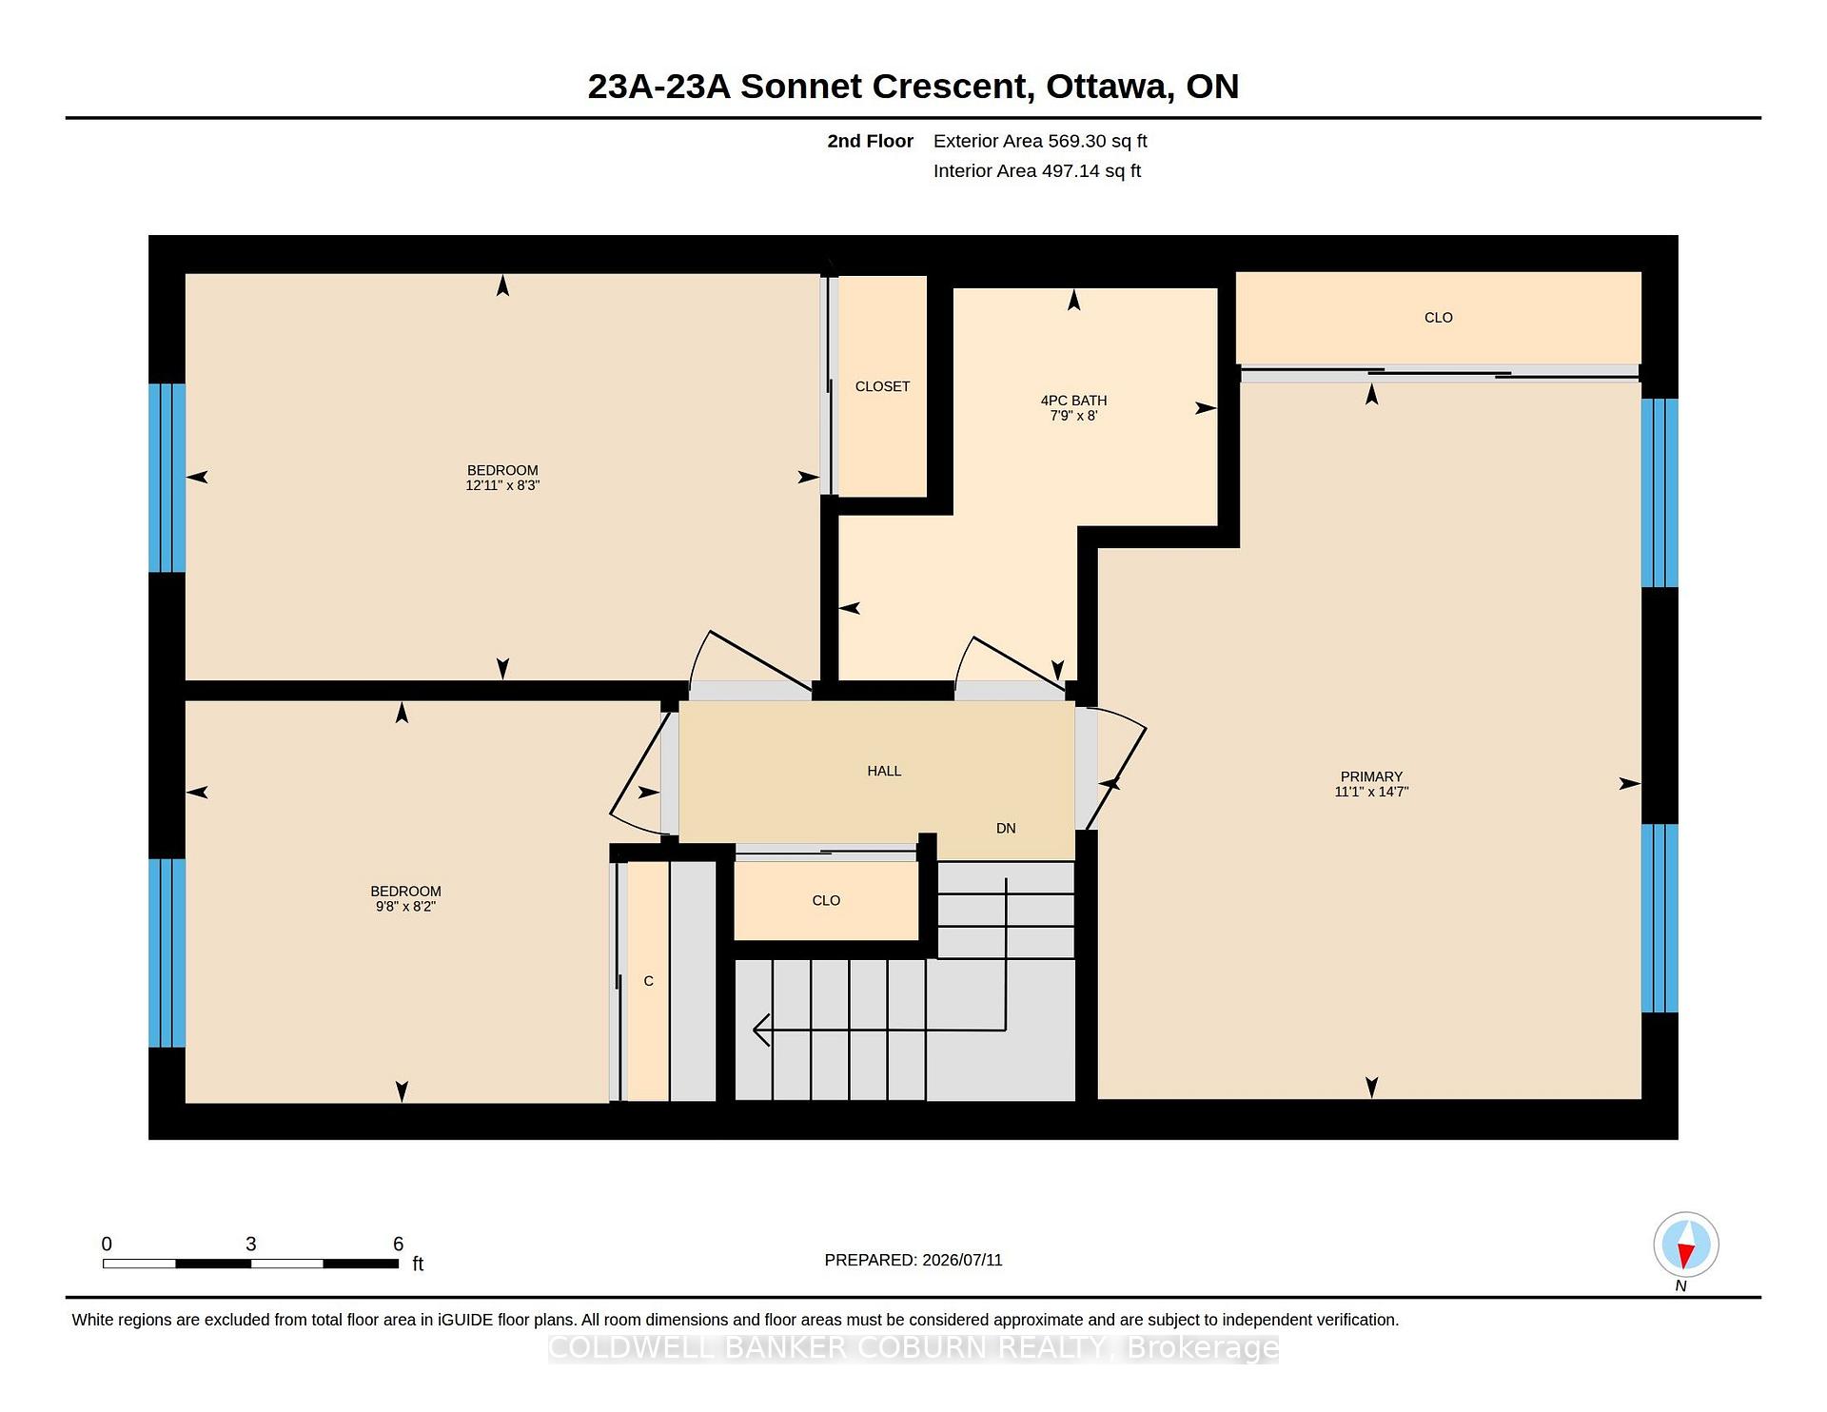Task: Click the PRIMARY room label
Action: [1371, 776]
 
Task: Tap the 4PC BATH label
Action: [1073, 401]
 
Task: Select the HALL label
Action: [884, 771]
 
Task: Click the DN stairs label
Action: [1006, 828]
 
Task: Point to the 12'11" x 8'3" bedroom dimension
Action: [502, 485]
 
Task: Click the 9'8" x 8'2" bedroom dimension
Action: [405, 907]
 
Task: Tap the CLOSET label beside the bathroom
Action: [882, 386]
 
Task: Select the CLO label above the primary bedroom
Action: [1438, 318]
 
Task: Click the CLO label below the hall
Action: [826, 900]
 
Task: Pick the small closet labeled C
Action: [648, 981]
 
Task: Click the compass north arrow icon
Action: [1685, 1245]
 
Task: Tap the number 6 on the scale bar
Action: [399, 1244]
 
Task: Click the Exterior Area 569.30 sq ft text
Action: [1040, 141]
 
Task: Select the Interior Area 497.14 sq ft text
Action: [1037, 171]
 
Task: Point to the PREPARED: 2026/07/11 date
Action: [913, 1260]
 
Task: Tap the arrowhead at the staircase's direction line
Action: [761, 1030]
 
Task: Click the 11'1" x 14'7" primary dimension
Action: [1371, 792]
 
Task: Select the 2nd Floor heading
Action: [870, 141]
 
